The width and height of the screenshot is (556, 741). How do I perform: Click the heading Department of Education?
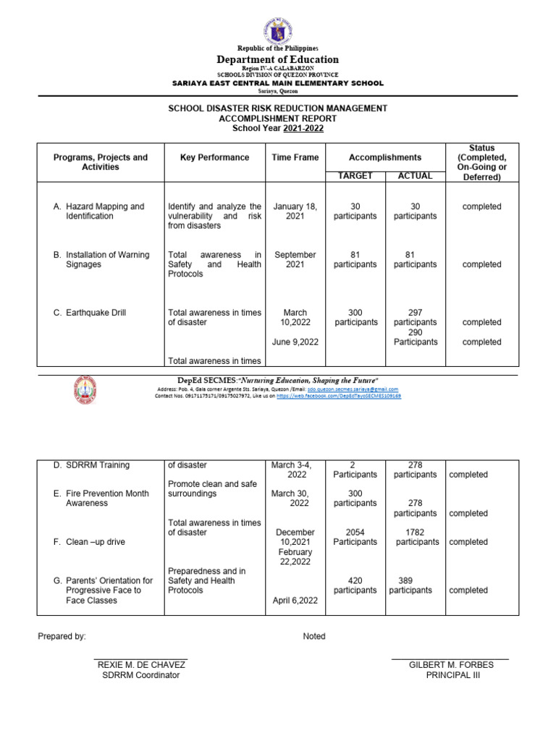278,59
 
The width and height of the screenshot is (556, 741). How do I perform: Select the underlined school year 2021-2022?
304,128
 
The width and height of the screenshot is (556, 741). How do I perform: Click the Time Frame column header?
295,157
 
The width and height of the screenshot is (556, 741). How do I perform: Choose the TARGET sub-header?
355,176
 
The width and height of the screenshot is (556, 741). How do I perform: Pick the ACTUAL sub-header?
415,176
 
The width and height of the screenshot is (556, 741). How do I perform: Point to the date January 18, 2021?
295,211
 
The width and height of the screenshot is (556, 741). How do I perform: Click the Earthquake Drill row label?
95,313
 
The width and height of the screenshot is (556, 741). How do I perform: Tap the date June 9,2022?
295,342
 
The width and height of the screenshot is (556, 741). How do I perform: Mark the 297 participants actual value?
415,317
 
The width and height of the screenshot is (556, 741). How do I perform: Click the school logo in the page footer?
85,391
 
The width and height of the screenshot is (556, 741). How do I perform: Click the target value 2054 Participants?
355,537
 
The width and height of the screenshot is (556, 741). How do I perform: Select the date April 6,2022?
295,601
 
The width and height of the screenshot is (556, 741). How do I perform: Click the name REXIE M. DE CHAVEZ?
141,664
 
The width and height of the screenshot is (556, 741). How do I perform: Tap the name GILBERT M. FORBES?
449,664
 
